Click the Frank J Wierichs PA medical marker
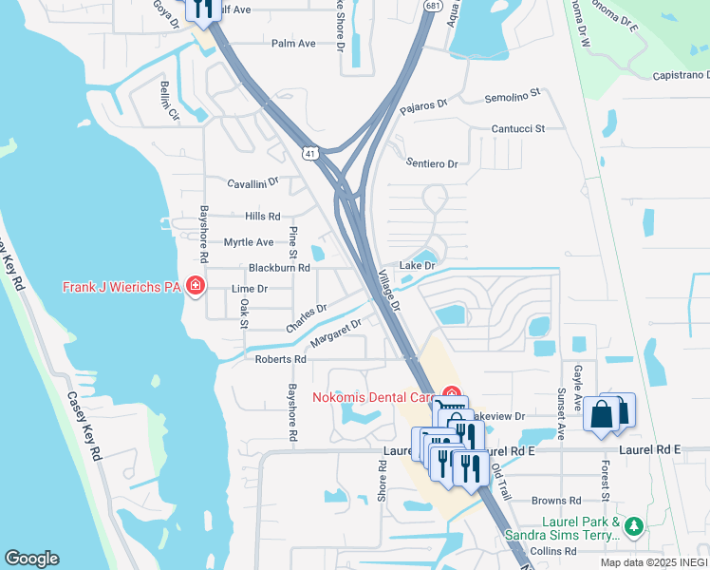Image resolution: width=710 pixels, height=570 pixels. (196, 286)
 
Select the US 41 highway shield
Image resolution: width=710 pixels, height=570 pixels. (310, 153)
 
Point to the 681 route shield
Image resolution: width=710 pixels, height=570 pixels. (432, 6)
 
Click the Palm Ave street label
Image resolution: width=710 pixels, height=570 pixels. (293, 44)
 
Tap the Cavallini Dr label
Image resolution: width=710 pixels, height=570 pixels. (252, 181)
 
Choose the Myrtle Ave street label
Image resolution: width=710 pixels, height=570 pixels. (248, 242)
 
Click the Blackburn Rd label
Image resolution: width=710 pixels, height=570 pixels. (279, 268)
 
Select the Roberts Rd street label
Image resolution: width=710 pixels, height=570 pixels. (280, 359)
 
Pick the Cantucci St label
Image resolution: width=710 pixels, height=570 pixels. (518, 128)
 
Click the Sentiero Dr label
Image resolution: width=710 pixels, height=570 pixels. (432, 163)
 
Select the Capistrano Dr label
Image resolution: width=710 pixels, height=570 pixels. (681, 76)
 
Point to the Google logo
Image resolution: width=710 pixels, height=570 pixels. (31, 559)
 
